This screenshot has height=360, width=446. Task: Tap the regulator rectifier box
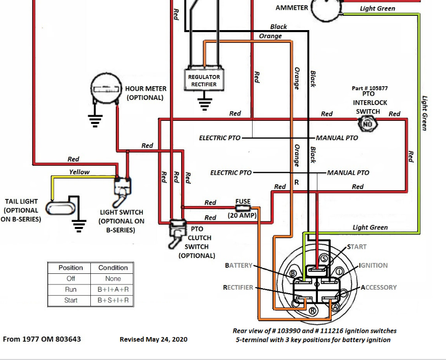(x=204, y=80)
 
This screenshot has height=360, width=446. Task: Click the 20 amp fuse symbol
(x=243, y=208)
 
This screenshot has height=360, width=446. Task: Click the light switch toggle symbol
(x=123, y=188)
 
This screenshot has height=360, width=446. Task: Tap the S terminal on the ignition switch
(x=324, y=259)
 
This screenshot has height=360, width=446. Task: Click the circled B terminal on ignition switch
(x=293, y=274)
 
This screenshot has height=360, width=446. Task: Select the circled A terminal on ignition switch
(x=335, y=307)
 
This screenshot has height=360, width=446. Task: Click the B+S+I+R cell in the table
(x=113, y=300)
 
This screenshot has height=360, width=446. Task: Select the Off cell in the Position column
(x=70, y=278)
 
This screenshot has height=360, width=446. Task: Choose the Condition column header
(x=113, y=268)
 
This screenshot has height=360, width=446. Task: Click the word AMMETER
(x=292, y=8)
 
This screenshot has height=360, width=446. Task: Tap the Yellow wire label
(x=79, y=172)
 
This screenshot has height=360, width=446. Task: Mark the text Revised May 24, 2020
(x=154, y=339)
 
